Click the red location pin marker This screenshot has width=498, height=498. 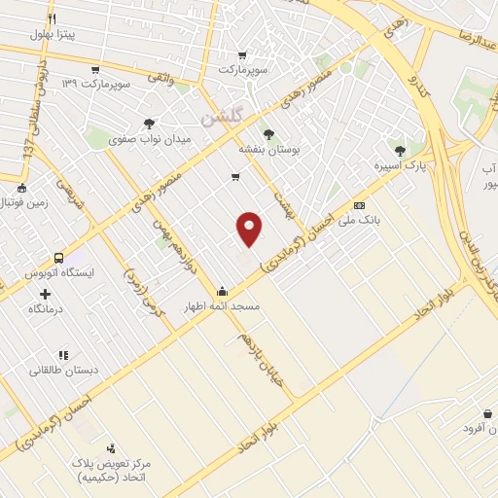click(250, 228)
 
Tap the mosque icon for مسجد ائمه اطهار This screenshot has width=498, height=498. click(223, 290)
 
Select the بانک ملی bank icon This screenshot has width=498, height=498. click(360, 206)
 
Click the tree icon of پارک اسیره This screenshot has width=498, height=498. click(401, 150)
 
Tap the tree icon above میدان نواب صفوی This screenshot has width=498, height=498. click(149, 123)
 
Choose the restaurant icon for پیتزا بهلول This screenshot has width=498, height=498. click(52, 18)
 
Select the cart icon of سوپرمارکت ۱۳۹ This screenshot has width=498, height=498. click(94, 70)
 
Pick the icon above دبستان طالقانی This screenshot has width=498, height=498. click(63, 355)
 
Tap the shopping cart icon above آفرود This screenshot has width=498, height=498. click(486, 414)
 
